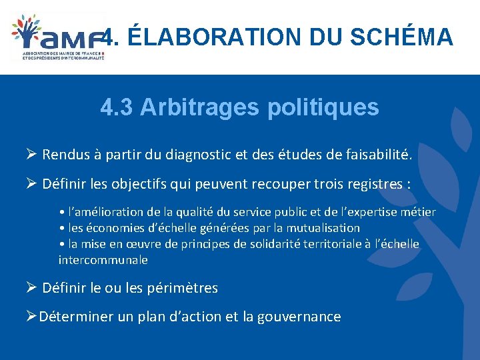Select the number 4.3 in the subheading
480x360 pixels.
click(x=117, y=107)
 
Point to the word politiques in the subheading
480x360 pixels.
click(x=323, y=107)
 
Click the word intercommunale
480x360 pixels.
click(x=103, y=260)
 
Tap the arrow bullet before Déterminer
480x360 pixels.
click(x=29, y=317)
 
